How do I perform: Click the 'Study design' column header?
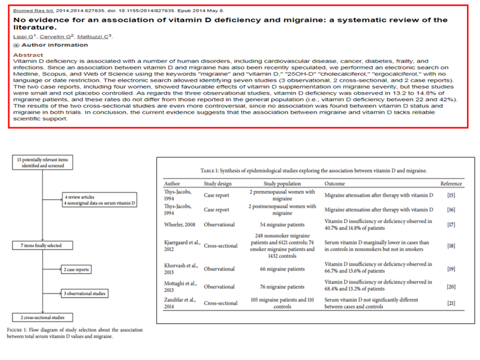[x=218, y=183]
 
